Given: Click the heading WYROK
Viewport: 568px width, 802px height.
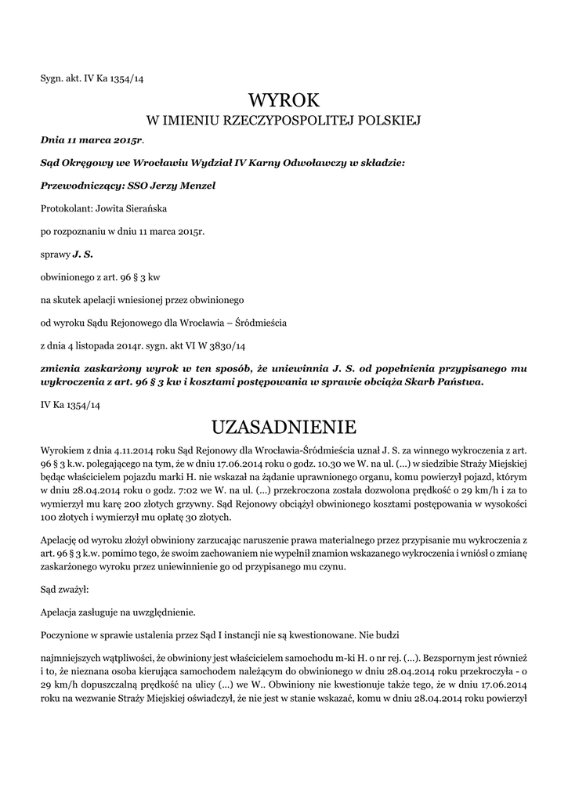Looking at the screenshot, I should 284,100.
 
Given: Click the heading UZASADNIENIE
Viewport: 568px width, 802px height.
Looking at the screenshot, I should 284,427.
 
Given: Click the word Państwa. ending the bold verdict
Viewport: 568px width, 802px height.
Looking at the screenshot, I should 460,382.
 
